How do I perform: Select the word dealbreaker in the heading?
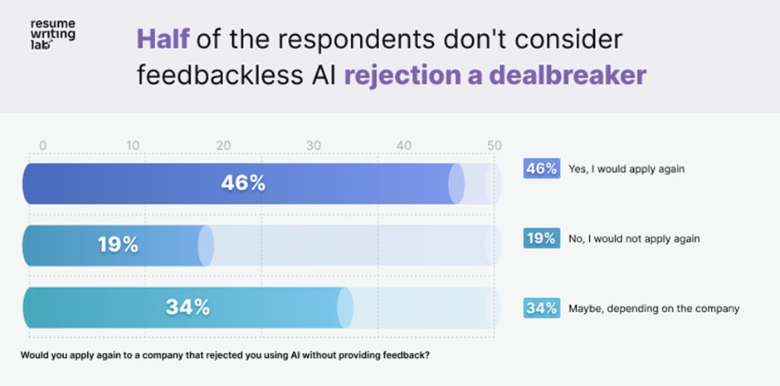(568, 75)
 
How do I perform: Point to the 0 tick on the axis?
(43, 145)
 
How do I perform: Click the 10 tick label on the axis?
(133, 145)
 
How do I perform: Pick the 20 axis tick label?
(224, 145)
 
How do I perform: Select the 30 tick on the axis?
(314, 145)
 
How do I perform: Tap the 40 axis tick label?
(404, 145)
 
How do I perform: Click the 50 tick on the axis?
(495, 145)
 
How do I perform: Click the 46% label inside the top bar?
(242, 183)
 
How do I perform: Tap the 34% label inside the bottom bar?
(188, 307)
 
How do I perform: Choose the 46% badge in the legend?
(540, 169)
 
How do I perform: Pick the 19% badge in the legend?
(540, 238)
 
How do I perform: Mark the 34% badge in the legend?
(540, 308)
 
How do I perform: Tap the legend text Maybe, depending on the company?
(654, 308)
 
